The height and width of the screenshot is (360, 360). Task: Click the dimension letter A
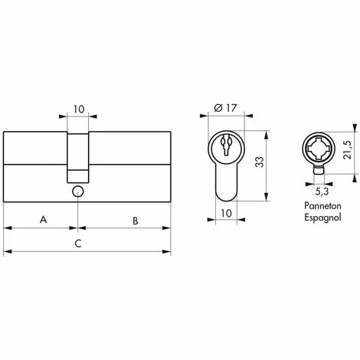[x=44, y=219]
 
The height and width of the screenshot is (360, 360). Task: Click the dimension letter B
[x=136, y=221]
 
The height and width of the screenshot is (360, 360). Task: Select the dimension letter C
[x=78, y=244]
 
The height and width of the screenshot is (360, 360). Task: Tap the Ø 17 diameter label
[x=225, y=108]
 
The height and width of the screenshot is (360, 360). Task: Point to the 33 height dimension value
[x=260, y=162]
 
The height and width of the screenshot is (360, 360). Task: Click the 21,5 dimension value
[x=347, y=150]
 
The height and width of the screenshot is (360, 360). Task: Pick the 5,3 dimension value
[x=322, y=191]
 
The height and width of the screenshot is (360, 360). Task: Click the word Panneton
[x=322, y=206]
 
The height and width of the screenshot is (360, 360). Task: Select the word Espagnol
[x=322, y=218]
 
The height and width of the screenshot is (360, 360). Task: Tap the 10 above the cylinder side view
[x=79, y=110]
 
